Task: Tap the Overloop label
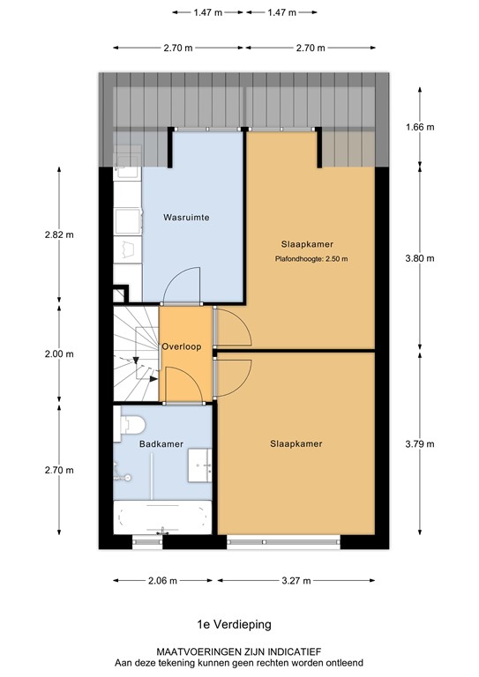click(182, 346)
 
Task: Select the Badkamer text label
click(161, 444)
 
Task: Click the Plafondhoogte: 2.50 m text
click(311, 259)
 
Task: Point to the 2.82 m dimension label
click(59, 234)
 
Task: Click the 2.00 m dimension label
click(59, 354)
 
